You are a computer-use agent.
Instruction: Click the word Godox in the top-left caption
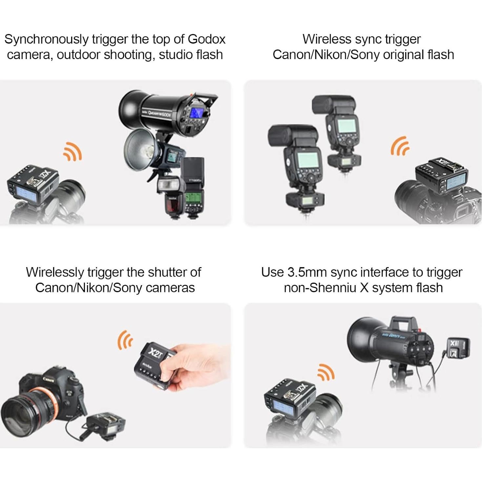coord(206,39)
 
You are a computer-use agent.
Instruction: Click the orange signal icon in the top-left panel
coord(73,152)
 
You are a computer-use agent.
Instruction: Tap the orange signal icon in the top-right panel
coord(400,146)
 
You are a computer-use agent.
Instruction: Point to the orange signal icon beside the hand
coord(125,340)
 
